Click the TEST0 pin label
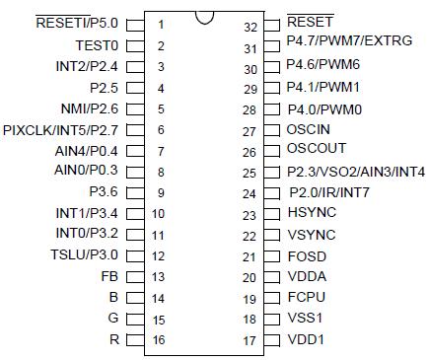coord(98,45)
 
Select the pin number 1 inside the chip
coord(160,24)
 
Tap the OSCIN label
coord(309,130)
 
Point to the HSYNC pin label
coord(310,214)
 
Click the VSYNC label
coord(310,235)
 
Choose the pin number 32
coord(250,26)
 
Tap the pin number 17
coord(250,341)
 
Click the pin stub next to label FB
coord(135,277)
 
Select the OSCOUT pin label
coord(316,151)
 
